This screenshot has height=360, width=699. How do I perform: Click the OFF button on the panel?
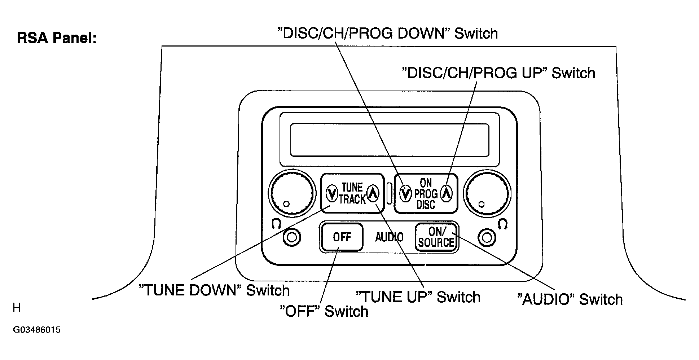tap(342, 237)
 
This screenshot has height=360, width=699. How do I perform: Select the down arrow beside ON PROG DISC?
tap(406, 194)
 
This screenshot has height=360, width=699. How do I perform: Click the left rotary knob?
tap(290, 193)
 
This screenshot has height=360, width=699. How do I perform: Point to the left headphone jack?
tap(292, 238)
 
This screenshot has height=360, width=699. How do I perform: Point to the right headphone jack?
tap(487, 238)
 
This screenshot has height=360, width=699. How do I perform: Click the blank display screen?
tap(390, 140)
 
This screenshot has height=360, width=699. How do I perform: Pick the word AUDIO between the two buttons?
tap(389, 237)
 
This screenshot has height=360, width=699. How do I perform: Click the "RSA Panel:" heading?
tap(57, 38)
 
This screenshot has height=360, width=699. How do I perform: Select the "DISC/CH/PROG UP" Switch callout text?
tap(498, 73)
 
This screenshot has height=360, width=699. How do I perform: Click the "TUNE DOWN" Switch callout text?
tap(214, 290)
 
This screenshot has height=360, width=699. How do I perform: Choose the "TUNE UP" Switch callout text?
tap(418, 297)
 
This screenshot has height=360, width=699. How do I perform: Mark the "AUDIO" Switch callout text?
tap(570, 300)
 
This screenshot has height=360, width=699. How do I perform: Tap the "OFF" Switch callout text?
tap(324, 311)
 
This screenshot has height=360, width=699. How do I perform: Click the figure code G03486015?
tap(37, 330)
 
